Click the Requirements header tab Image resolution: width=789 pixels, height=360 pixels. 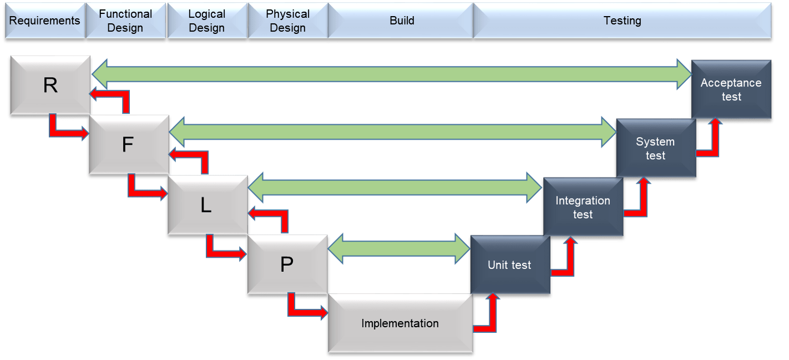coord(44,21)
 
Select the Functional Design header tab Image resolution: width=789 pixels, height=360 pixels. coord(125,21)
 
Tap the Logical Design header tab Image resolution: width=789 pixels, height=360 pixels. coord(206,21)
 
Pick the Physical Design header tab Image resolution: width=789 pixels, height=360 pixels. coord(287,21)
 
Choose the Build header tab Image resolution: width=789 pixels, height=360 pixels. coord(401,21)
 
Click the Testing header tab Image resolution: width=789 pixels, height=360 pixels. coord(622,21)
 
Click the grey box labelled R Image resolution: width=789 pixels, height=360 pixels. coord(50,86)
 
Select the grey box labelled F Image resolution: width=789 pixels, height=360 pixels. coord(128,145)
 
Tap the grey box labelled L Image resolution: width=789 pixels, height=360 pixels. coord(206,205)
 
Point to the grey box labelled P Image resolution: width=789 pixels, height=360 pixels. coord(287,265)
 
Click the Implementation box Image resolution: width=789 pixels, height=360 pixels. coord(400,323)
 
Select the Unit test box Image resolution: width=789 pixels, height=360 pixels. coord(509,265)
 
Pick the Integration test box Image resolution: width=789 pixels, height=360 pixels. coord(583,207)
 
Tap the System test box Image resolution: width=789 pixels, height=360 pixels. coord(655,148)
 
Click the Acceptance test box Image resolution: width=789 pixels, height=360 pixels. coord(731,89)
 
